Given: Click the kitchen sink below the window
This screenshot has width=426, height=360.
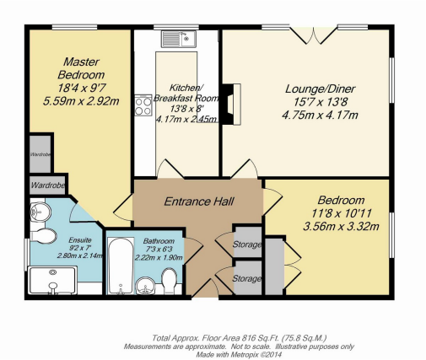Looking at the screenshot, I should [x=181, y=39].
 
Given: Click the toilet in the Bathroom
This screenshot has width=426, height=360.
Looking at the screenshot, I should [x=169, y=278].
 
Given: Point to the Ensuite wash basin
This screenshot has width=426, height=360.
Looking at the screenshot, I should [x=35, y=211].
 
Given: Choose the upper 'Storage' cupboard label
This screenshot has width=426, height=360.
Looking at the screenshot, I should [x=247, y=244].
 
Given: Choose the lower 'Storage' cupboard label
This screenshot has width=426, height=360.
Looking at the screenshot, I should [x=247, y=278].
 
